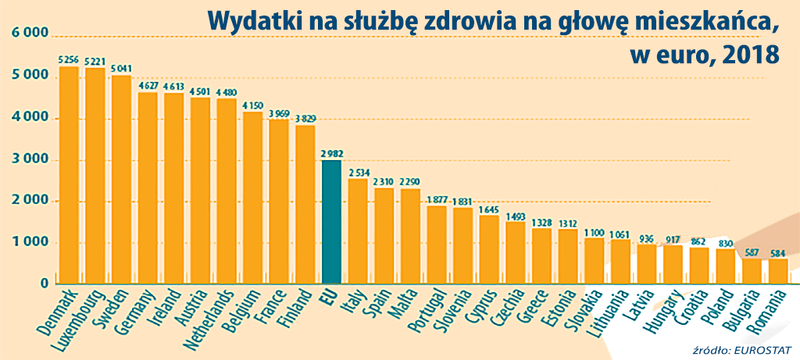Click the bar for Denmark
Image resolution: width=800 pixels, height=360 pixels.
coord(69,175)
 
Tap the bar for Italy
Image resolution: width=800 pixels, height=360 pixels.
coord(357,231)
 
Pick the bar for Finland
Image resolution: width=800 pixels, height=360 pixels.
coord(305,204)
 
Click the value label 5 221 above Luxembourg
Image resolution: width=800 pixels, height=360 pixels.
coord(95,61)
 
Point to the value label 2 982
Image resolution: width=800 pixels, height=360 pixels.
coord(331,153)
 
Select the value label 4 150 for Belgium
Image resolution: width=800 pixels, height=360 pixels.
coord(252,105)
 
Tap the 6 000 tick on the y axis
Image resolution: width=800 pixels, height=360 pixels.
coord(29,34)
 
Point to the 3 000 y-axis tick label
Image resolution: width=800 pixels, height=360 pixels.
coord(29,160)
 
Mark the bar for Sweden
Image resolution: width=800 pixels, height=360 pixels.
coord(121,180)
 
